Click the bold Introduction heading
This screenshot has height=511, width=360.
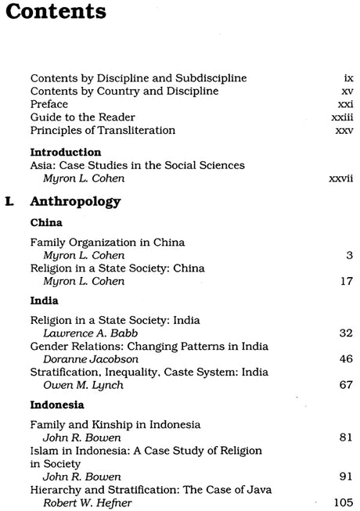(66, 152)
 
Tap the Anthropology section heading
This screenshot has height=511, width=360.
(75, 202)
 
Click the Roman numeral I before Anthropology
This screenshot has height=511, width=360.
(9, 202)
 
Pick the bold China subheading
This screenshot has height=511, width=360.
(46, 222)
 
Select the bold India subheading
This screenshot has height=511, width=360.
(45, 299)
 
